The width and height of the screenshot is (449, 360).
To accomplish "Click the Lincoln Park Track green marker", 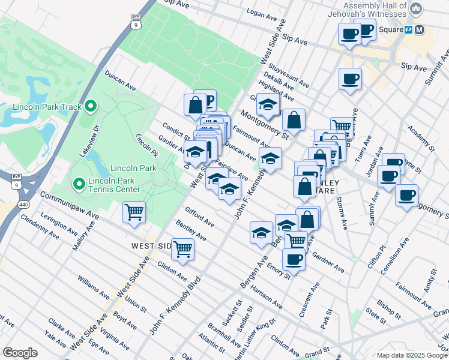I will pos(91,107).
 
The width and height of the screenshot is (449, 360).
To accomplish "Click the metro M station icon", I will pos(419,29).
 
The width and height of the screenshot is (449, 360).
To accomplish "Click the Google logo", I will pos(20,352).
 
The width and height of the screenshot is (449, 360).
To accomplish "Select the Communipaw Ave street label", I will pos(69,205).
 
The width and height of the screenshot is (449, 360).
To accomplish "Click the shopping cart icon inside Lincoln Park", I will pos(134,211).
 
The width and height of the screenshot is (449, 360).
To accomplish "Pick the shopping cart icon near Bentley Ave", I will pos(182,248).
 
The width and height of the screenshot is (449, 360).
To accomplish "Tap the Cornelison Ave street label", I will pos(396,254).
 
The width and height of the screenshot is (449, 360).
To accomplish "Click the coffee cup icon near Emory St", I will pos(294,259).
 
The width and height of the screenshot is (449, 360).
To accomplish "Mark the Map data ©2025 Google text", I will pos(412,355).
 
